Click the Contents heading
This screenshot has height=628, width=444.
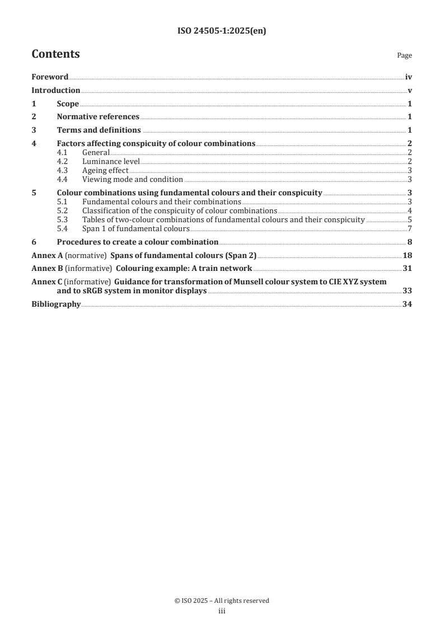pyautogui.click(x=55, y=54)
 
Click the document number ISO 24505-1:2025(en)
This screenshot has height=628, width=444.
pyautogui.click(x=222, y=31)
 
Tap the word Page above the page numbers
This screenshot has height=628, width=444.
pyautogui.click(x=404, y=55)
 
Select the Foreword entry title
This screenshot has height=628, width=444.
pyautogui.click(x=50, y=77)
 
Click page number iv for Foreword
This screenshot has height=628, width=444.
pyautogui.click(x=409, y=77)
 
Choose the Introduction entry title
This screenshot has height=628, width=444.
pyautogui.click(x=56, y=91)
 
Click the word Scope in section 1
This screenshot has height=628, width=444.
pyautogui.click(x=68, y=104)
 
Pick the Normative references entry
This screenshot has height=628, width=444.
pyautogui.click(x=98, y=117)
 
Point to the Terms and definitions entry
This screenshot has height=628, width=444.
pyautogui.click(x=99, y=130)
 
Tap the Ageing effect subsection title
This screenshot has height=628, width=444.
pyautogui.click(x=105, y=171)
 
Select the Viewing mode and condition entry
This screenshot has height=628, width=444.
pyautogui.click(x=132, y=180)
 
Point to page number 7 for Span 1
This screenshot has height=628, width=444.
pyautogui.click(x=410, y=229)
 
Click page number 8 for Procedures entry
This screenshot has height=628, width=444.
pyautogui.click(x=410, y=242)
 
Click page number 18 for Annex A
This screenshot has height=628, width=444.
pyautogui.click(x=408, y=255)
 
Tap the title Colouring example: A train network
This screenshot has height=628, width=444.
pyautogui.click(x=181, y=269)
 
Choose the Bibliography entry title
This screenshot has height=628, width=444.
pyautogui.click(x=56, y=305)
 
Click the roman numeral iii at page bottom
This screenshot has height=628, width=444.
pyautogui.click(x=222, y=611)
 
